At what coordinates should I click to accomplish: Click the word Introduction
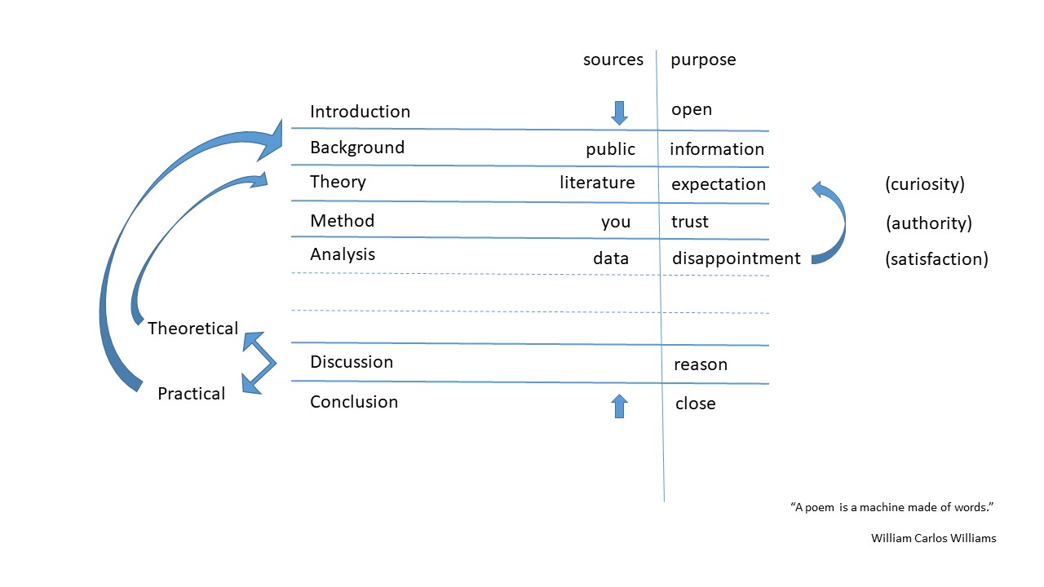(x=360, y=112)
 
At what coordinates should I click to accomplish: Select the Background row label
(x=357, y=148)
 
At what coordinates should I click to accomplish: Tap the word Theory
(x=338, y=182)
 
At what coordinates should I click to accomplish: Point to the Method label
(x=342, y=221)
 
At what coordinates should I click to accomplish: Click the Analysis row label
(x=343, y=255)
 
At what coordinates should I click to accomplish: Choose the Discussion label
(x=352, y=362)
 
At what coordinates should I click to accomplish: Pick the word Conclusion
(x=354, y=402)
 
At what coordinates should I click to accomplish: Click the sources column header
(x=613, y=60)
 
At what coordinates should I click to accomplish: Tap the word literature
(x=597, y=183)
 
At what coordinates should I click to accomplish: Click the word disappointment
(x=737, y=258)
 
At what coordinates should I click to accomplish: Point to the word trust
(x=690, y=223)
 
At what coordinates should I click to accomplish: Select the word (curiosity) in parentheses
(x=925, y=184)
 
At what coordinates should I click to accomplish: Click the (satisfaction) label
(x=936, y=259)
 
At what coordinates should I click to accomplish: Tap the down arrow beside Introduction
(x=619, y=113)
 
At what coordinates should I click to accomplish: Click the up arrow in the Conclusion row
(x=619, y=406)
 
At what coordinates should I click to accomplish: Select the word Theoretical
(x=193, y=329)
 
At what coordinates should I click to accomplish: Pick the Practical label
(x=191, y=394)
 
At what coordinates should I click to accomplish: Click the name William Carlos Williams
(x=934, y=539)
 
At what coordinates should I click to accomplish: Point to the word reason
(x=701, y=364)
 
